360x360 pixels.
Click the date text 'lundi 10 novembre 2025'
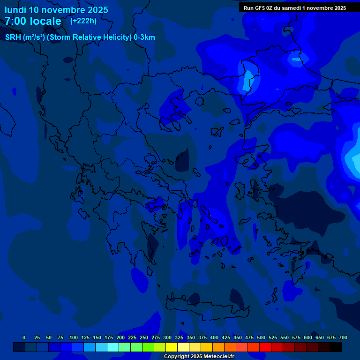[x=56, y=10]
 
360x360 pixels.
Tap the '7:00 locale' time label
[x=33, y=21]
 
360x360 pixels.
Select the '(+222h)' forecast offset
[x=83, y=21]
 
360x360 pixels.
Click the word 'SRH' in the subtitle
[x=13, y=37]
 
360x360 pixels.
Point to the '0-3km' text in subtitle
[x=144, y=37]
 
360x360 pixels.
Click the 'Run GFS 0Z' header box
[x=295, y=8]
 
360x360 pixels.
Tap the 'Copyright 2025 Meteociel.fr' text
[x=199, y=357]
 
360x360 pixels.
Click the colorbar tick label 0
[x=24, y=337]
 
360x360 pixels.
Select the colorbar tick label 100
[x=74, y=337]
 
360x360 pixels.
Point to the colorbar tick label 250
[x=144, y=337]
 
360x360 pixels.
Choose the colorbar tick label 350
[x=191, y=337]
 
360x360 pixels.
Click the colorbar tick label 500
[x=261, y=337]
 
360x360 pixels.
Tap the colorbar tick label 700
[x=343, y=337]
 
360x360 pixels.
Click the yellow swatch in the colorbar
[x=172, y=347]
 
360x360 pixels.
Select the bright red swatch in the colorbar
[x=265, y=347]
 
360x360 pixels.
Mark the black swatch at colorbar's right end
[x=336, y=347]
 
